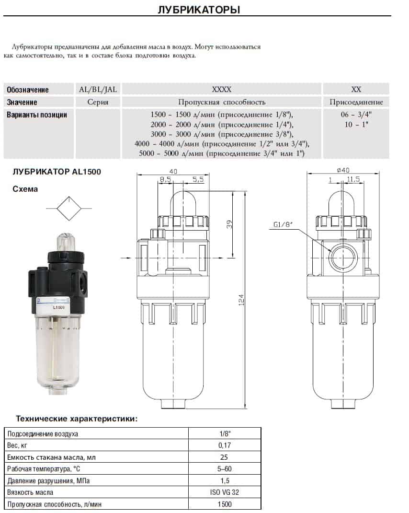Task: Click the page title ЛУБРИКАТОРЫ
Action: tap(199, 10)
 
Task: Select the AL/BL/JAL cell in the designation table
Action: tap(98, 89)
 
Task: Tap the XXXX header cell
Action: tap(222, 89)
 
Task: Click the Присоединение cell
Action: tap(356, 102)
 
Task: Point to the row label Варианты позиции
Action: tap(37, 115)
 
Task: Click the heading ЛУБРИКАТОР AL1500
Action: tap(57, 172)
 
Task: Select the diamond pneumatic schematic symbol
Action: tap(69, 209)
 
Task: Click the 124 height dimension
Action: tap(241, 300)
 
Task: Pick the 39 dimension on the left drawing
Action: tap(229, 224)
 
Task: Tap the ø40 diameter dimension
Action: tap(343, 170)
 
